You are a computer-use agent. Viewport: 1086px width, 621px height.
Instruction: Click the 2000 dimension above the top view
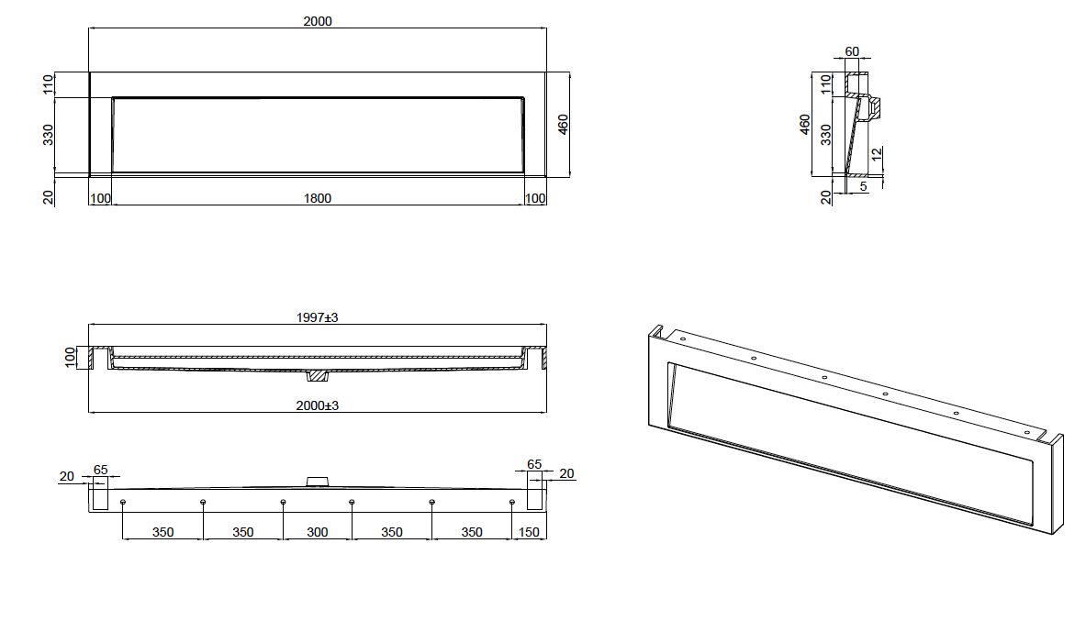[318, 21]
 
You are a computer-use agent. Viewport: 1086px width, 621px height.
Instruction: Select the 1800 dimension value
[318, 199]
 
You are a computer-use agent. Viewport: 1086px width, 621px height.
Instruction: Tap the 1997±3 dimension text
[318, 317]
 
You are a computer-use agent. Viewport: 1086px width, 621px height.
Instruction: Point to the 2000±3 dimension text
[318, 405]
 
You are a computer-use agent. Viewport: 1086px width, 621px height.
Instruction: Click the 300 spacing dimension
[318, 532]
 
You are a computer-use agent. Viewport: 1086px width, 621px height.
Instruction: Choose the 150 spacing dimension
[529, 532]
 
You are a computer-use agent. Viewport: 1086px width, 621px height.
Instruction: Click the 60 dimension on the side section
[852, 52]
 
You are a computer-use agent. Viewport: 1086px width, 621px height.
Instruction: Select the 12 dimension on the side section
[877, 154]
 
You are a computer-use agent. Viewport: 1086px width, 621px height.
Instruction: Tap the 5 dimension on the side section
[864, 187]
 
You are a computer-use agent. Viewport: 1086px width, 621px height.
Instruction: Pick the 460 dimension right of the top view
[563, 125]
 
